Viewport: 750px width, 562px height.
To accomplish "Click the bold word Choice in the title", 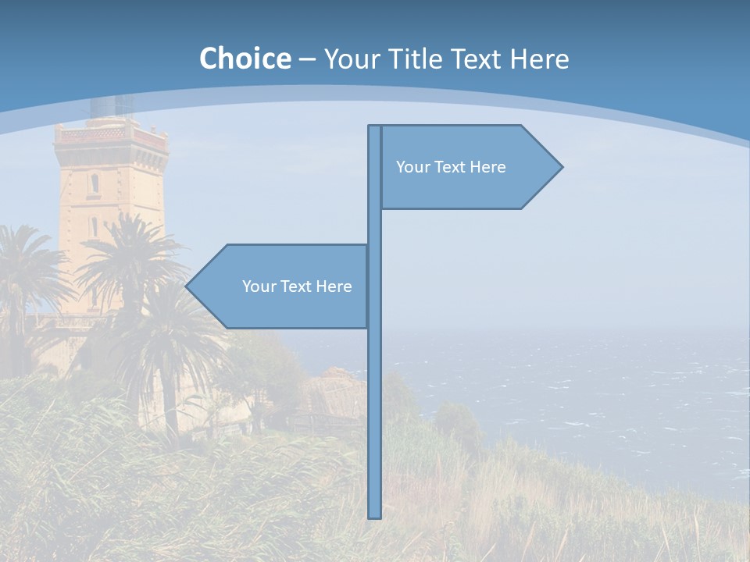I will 245,59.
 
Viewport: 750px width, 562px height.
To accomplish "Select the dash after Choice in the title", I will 307,59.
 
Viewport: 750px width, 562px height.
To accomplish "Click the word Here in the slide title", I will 539,59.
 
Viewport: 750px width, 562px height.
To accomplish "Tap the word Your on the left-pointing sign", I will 259,286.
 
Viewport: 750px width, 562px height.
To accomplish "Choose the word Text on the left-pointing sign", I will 296,286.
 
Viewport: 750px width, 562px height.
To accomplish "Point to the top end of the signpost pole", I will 374,127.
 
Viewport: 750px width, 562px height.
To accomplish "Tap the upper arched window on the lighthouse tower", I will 95,183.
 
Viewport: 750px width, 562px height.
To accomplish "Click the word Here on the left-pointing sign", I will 334,286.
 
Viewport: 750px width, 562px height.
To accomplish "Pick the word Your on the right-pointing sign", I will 412,167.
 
